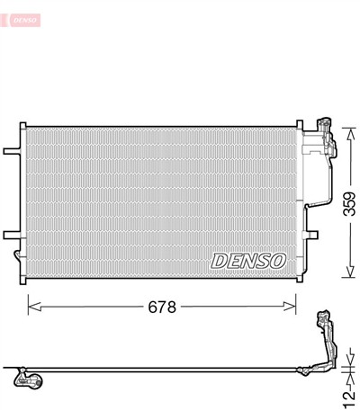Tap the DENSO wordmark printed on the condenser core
(247, 261)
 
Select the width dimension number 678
(162, 306)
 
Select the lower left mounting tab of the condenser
(12, 236)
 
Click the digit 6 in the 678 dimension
(151, 306)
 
